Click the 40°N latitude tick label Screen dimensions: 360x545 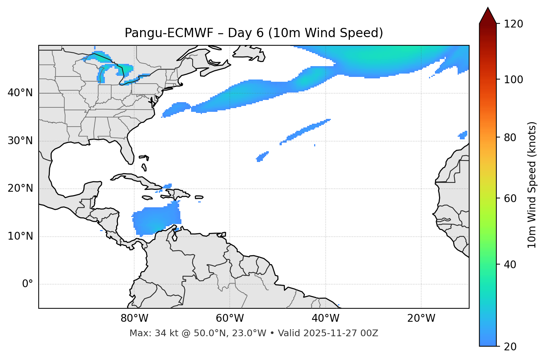coord(20,93)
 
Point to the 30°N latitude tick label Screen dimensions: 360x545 coord(20,141)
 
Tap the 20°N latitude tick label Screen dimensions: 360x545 coord(20,188)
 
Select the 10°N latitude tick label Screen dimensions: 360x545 coord(20,236)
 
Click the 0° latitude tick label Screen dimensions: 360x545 coord(27,284)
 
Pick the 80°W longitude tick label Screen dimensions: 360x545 coord(134,318)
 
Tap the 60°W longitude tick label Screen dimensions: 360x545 coord(230,318)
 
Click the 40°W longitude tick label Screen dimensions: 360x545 coord(325,318)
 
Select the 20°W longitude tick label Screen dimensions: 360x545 coord(421,318)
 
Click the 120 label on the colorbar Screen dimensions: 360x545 coord(514,24)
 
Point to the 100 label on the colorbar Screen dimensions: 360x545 coord(514,80)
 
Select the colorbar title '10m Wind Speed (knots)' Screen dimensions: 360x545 coord(532,185)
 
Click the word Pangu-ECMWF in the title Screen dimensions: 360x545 coord(169,33)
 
